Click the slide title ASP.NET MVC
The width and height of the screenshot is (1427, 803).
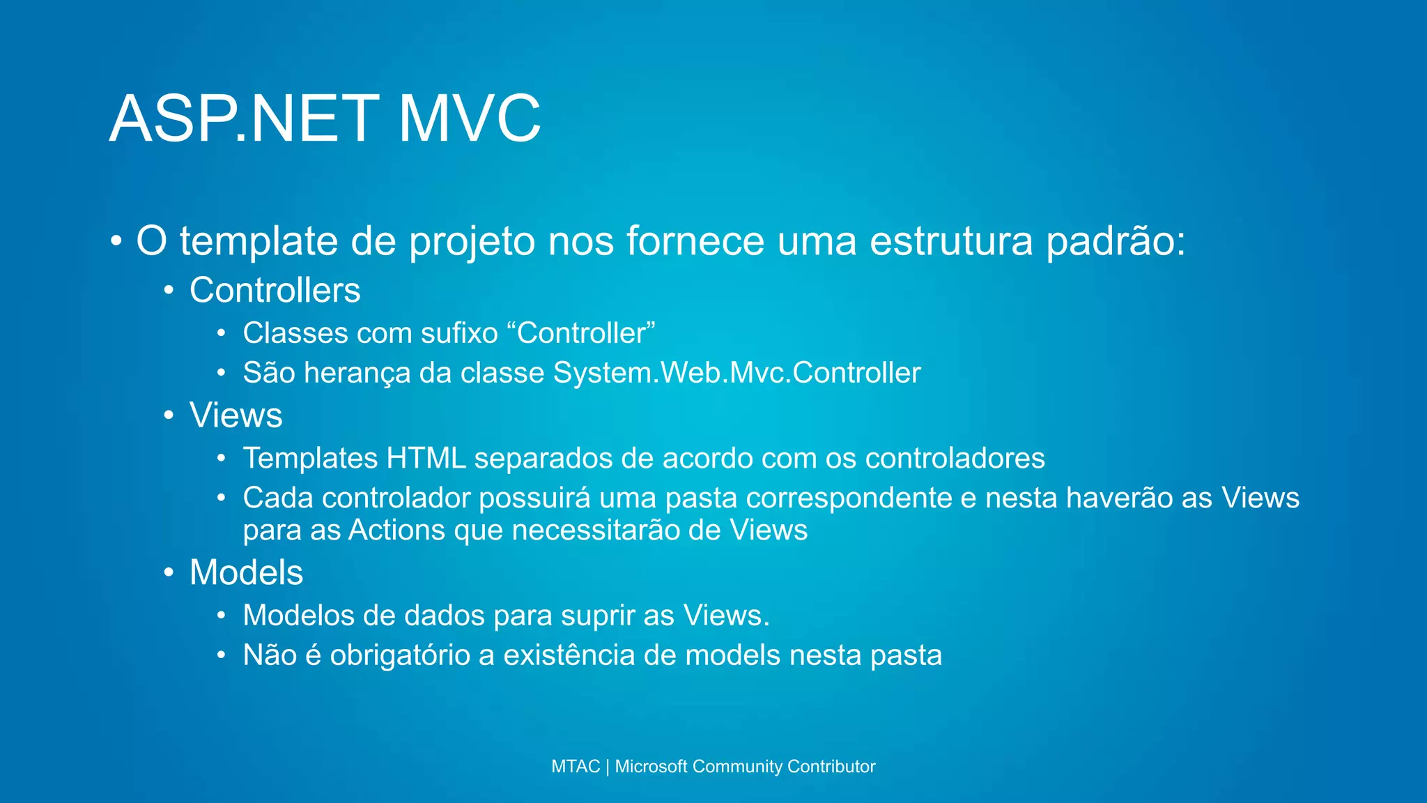point(325,118)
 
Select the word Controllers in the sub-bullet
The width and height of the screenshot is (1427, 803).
point(275,290)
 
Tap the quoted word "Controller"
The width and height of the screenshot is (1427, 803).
point(586,333)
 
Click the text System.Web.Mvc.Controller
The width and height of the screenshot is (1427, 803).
point(736,373)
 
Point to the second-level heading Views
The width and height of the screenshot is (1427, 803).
point(236,415)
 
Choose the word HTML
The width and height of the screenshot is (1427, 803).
point(426,459)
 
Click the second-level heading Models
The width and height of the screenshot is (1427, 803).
point(246,572)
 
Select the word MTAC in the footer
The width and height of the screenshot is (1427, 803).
point(575,767)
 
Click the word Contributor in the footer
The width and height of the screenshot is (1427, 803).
point(831,767)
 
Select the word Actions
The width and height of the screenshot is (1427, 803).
point(396,530)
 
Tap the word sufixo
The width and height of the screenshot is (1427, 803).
point(459,333)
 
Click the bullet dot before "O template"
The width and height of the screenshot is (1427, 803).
point(116,242)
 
